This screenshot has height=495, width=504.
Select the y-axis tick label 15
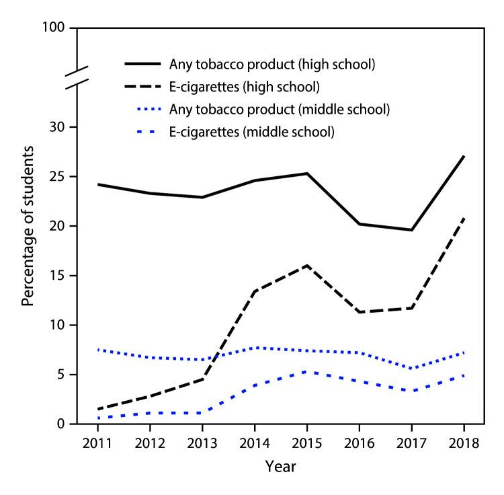58,276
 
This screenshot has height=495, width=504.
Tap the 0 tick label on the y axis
61,424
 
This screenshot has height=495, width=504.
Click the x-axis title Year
280,466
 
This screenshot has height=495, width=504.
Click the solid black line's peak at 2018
463,157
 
